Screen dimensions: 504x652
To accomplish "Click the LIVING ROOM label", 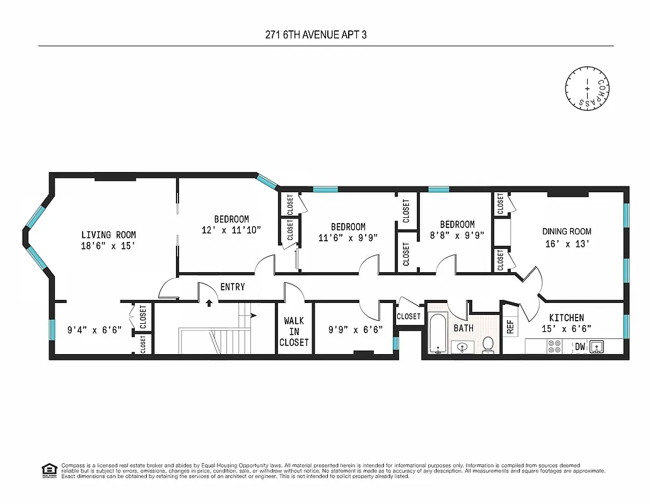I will pos(108,235).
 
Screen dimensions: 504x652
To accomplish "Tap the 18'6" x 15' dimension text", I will pos(108,246).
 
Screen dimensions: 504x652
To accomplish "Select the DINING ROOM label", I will pos(568,231).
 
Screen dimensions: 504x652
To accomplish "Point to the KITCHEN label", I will pos(566,318).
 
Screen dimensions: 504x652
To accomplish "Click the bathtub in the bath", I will pos(438,332).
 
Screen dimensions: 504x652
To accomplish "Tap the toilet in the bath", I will pos(487,344).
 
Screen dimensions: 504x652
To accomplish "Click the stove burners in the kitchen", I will pos(554,346).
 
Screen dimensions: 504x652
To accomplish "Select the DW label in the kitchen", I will pos(578,346).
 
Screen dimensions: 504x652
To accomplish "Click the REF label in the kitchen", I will pos(510,327).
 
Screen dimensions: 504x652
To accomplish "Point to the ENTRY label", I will pos(232,287).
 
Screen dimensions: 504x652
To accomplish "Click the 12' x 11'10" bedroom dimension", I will pos(230,230).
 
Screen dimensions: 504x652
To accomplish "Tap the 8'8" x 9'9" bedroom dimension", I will pos(457,236).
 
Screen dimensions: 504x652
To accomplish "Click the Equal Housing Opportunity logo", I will pos(48,469).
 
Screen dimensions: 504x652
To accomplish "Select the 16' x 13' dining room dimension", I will pos(568,244).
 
